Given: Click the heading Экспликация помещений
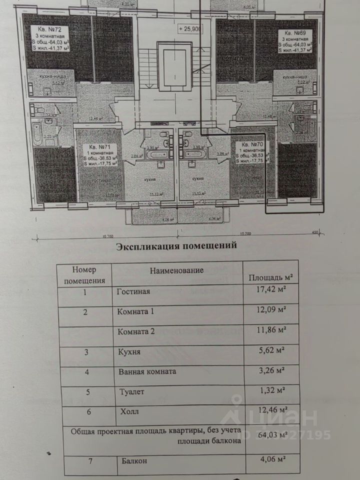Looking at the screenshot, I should pos(176,246).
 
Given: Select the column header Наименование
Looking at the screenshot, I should pos(176,270).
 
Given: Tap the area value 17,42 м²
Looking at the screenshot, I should pos(270,289).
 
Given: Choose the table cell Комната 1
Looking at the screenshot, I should pos(136,311).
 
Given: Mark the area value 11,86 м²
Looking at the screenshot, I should pos(270,330).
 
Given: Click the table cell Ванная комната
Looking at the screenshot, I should pos(147,371).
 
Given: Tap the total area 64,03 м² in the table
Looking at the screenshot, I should pos(270,435).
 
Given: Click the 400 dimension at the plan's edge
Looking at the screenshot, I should pos(315,232).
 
